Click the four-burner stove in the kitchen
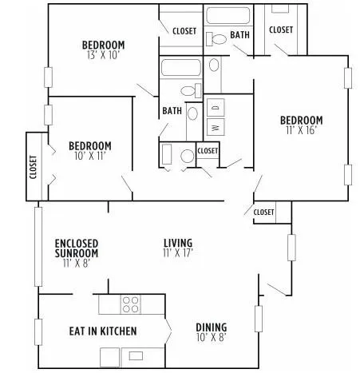tap(130, 304)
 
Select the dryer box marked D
tap(215, 106)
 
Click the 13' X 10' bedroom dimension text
tap(104, 55)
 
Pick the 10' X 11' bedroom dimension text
tap(89, 157)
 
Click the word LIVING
tap(178, 243)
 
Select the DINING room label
tap(211, 327)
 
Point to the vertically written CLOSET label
tap(34, 169)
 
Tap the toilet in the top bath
tap(217, 38)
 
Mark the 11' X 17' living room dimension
tap(178, 253)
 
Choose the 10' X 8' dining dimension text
tap(211, 337)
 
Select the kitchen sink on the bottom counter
tap(136, 355)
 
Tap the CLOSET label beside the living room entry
tap(263, 212)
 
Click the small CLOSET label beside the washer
tap(208, 150)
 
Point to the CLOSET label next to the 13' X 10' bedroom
tap(184, 30)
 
